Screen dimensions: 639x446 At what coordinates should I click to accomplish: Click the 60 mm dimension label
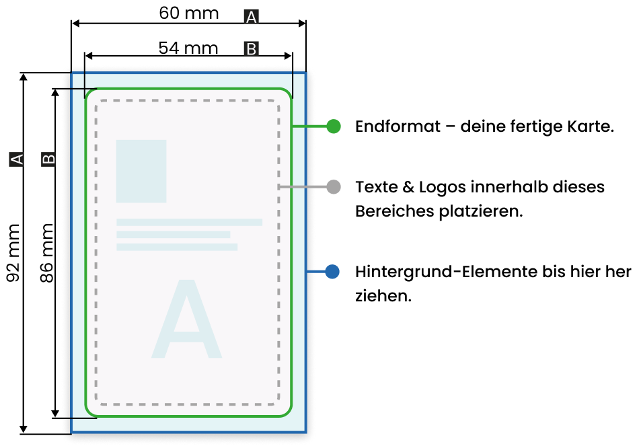[x=189, y=13]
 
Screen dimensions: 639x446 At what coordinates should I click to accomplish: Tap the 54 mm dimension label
[x=188, y=48]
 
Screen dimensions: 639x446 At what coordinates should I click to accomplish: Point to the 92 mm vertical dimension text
[x=13, y=253]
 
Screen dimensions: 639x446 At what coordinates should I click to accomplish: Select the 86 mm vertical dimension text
[x=47, y=253]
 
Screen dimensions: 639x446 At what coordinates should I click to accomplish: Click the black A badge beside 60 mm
[x=252, y=17]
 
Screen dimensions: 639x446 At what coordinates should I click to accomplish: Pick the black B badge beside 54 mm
[x=252, y=48]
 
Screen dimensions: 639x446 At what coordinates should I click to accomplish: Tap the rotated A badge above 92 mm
[x=16, y=159]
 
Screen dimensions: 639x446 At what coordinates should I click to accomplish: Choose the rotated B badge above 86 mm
[x=48, y=159]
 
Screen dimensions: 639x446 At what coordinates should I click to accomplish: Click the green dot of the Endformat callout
[x=334, y=126]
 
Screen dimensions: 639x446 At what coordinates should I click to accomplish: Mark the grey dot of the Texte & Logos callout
[x=334, y=187]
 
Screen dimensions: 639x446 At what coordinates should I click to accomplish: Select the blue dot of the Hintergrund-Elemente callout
[x=332, y=272]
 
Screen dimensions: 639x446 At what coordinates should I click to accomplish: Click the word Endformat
[x=398, y=126]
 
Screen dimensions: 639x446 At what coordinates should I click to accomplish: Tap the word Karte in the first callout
[x=591, y=126]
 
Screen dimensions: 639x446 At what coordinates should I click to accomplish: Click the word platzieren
[x=481, y=211]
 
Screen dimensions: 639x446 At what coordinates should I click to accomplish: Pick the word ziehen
[x=383, y=295]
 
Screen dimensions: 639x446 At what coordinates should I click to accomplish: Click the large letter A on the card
[x=186, y=319]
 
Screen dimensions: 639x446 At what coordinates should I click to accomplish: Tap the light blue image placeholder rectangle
[x=141, y=172]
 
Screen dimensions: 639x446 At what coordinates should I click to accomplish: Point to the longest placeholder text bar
[x=190, y=222]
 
